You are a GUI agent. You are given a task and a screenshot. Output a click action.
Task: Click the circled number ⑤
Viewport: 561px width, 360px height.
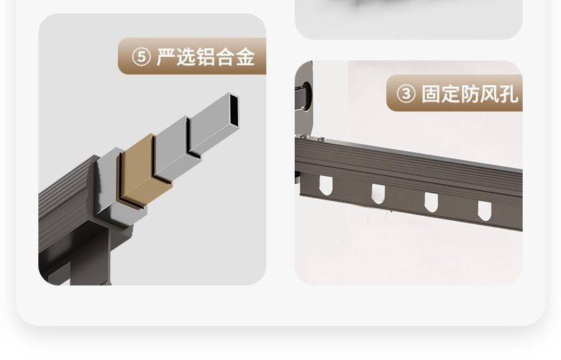pyautogui.click(x=141, y=58)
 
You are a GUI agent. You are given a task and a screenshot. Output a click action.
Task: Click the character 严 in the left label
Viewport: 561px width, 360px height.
pyautogui.click(x=166, y=58)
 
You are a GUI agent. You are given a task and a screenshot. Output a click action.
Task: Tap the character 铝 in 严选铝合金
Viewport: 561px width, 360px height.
pyautogui.click(x=206, y=58)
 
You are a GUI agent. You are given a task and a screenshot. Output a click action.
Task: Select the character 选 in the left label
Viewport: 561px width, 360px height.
pyautogui.click(x=186, y=58)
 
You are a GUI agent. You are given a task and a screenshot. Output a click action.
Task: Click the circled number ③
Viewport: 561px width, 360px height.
pyautogui.click(x=405, y=94)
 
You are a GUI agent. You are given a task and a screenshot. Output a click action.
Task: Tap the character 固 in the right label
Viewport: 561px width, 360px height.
pyautogui.click(x=431, y=94)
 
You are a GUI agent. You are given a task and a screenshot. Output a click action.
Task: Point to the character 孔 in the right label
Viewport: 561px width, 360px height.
pyautogui.click(x=509, y=94)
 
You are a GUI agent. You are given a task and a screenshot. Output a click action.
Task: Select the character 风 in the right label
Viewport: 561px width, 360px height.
pyautogui.click(x=490, y=94)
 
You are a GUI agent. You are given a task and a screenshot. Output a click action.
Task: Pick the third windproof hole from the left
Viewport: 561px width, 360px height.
pyautogui.click(x=431, y=201)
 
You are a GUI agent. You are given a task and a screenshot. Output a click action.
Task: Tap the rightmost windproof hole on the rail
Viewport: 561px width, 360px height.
pyautogui.click(x=484, y=209)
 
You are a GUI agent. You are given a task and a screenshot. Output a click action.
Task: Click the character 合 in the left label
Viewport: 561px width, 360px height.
pyautogui.click(x=226, y=58)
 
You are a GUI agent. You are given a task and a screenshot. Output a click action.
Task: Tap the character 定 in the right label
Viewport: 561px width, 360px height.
pyautogui.click(x=451, y=94)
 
